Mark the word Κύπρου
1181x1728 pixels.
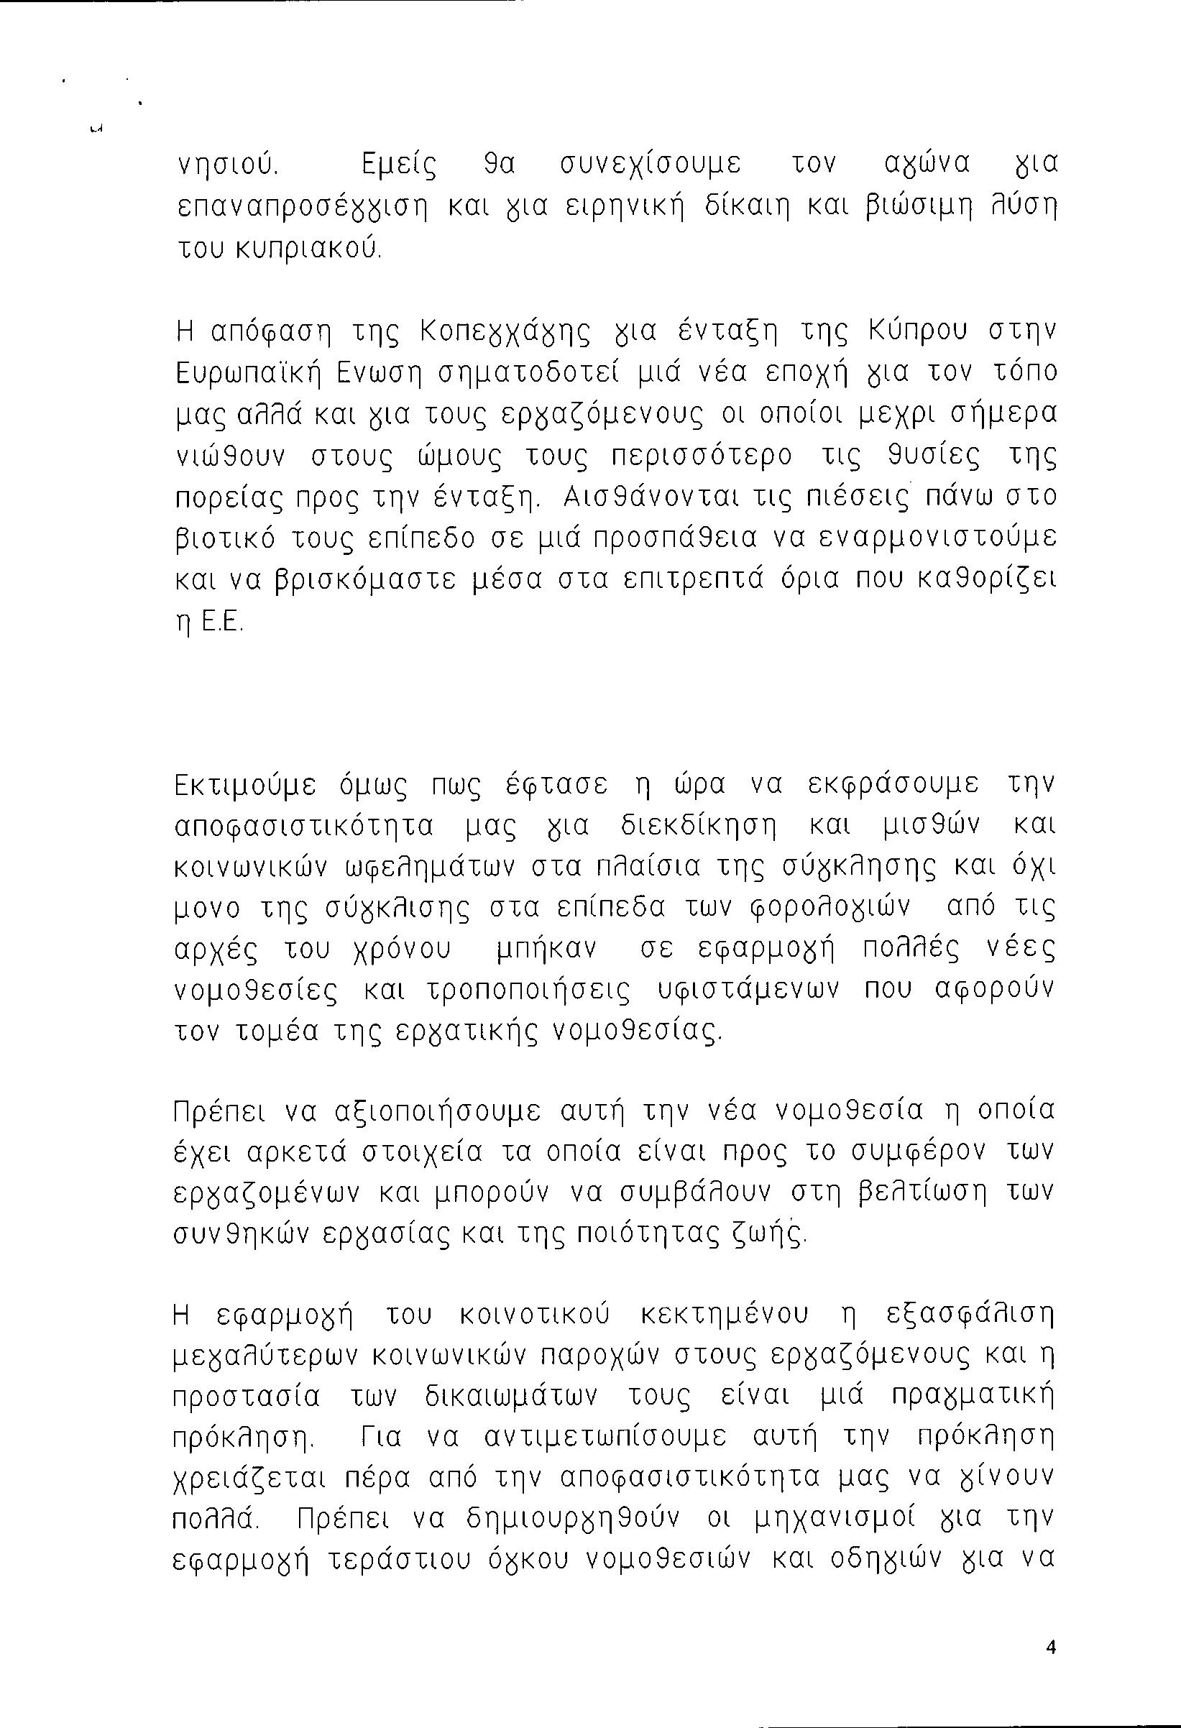(x=917, y=330)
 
